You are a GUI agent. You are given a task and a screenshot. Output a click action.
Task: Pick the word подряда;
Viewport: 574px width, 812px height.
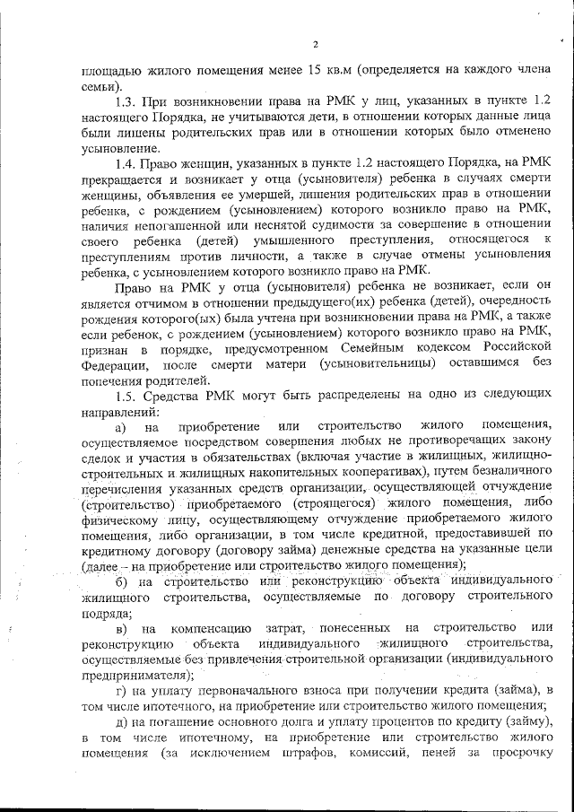107,614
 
